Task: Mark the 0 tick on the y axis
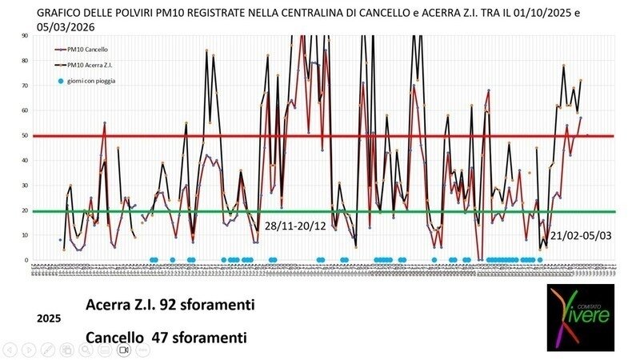tap(26, 260)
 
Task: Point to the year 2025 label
tap(49, 318)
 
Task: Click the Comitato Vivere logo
tap(581, 316)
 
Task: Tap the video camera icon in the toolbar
tap(124, 350)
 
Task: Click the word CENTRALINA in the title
tap(346, 12)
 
